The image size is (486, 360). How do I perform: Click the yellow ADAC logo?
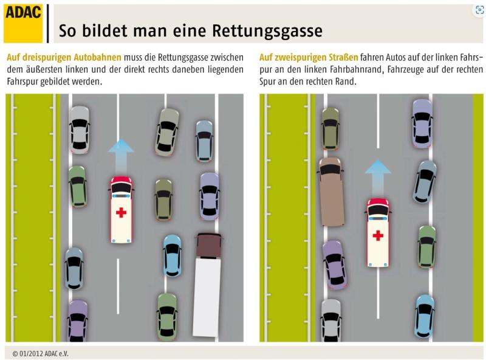pyautogui.click(x=23, y=24)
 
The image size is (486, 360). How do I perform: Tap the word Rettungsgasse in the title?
pyautogui.click(x=267, y=31)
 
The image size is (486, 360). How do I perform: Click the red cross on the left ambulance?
pyautogui.click(x=121, y=212)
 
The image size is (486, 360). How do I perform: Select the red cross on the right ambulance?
pyautogui.click(x=378, y=235)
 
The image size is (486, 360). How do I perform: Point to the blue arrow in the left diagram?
pyautogui.click(x=121, y=157)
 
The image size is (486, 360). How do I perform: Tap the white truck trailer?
pyautogui.click(x=207, y=297)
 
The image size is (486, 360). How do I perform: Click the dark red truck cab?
pyautogui.click(x=208, y=246)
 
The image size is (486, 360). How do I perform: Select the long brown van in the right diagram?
pyautogui.click(x=332, y=192)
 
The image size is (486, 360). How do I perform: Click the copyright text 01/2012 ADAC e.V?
pyautogui.click(x=41, y=353)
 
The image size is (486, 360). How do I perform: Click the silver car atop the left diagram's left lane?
pyautogui.click(x=80, y=130)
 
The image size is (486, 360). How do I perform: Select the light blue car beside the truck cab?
pyautogui.click(x=173, y=256)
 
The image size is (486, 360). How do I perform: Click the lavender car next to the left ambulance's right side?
pyautogui.click(x=210, y=196)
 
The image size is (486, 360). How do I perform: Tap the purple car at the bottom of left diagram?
pyautogui.click(x=78, y=321)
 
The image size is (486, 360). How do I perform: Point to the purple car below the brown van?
pyautogui.click(x=334, y=265)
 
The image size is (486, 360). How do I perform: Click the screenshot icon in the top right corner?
pyautogui.click(x=479, y=10)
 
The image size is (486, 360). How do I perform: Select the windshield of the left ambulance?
pyautogui.click(x=121, y=188)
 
